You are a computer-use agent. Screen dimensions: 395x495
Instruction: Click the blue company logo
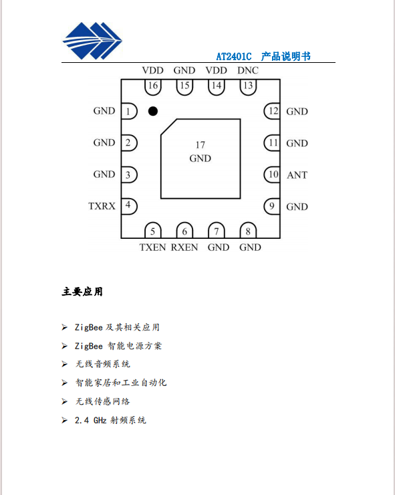pos(92,41)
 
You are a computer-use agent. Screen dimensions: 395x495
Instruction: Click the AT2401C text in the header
pos(234,56)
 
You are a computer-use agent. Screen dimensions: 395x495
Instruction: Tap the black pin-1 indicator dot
pos(153,111)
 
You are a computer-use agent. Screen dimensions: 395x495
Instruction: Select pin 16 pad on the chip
pos(153,87)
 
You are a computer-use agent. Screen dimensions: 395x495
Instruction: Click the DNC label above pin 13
pos(248,70)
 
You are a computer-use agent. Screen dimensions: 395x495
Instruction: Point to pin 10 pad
pos(272,175)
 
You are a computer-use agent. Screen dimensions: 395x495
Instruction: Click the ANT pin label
pos(297,175)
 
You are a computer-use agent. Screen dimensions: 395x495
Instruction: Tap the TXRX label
pos(102,206)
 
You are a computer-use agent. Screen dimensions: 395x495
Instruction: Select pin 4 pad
pos(130,207)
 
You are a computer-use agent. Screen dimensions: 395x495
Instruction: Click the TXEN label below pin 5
pos(152,248)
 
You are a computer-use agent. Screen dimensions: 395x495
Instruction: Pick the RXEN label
pos(184,248)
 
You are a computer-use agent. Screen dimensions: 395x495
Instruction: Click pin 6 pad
pos(184,230)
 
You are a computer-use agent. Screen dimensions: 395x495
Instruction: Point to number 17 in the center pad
pos(201,145)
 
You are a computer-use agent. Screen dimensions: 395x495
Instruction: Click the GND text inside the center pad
pos(201,158)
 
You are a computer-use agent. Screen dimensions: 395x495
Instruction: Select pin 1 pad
pos(130,111)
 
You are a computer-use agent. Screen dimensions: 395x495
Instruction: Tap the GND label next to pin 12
pos(297,112)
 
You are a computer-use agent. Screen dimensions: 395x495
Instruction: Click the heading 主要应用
pos(82,292)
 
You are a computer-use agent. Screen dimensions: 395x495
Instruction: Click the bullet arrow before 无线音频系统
pos(65,365)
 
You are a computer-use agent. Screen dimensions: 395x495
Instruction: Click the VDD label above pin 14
pos(217,70)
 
